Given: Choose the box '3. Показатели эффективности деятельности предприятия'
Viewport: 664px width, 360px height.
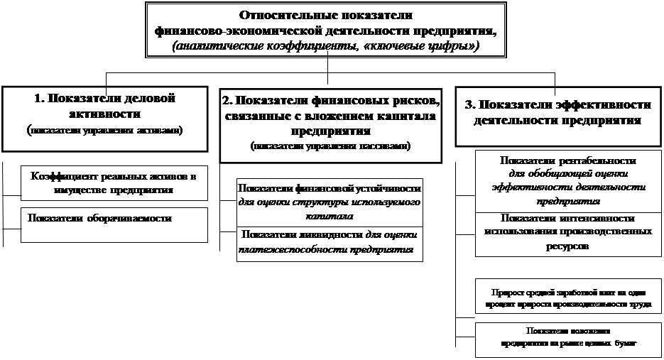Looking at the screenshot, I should (557, 114).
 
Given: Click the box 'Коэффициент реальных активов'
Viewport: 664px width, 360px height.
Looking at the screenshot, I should (113, 183).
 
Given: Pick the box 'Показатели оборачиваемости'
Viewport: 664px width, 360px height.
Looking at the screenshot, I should (113, 224).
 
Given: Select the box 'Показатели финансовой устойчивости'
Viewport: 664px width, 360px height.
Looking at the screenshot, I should (330, 202).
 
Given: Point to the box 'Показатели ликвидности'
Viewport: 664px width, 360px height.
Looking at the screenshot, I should (330, 243).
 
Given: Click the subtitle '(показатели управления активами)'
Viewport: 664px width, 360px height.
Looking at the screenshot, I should (104, 131).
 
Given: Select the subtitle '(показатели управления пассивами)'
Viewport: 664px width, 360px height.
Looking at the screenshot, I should (330, 146).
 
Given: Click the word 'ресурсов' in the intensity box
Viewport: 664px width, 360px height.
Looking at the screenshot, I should (567, 246).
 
